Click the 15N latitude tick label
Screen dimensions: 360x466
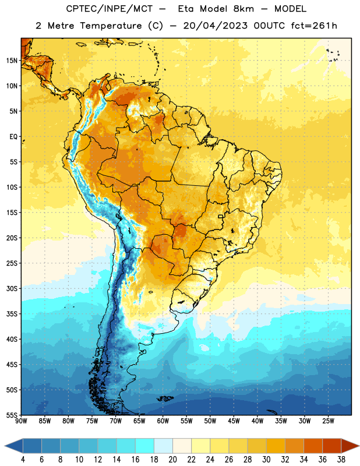[12, 61]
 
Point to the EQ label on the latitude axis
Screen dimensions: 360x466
[13, 137]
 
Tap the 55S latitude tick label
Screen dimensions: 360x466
[12, 415]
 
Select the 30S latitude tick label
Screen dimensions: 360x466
[12, 288]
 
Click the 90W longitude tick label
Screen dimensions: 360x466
[21, 421]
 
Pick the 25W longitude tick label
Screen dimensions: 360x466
[328, 421]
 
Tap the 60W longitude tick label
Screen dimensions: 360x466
[163, 421]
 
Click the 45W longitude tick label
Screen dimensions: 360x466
[234, 421]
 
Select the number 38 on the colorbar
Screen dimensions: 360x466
[341, 460]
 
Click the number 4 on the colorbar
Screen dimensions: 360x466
[23, 460]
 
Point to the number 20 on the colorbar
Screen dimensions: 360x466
[172, 460]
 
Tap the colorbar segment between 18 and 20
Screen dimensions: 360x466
[164, 446]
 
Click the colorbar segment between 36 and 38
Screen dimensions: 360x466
[332, 446]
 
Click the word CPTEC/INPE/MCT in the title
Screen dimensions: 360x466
[110, 9]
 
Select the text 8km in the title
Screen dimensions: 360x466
[243, 9]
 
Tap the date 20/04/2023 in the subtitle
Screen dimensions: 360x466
[215, 26]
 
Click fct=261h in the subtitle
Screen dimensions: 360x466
[314, 26]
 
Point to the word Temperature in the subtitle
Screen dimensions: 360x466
[111, 26]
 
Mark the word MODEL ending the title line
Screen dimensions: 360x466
[290, 9]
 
